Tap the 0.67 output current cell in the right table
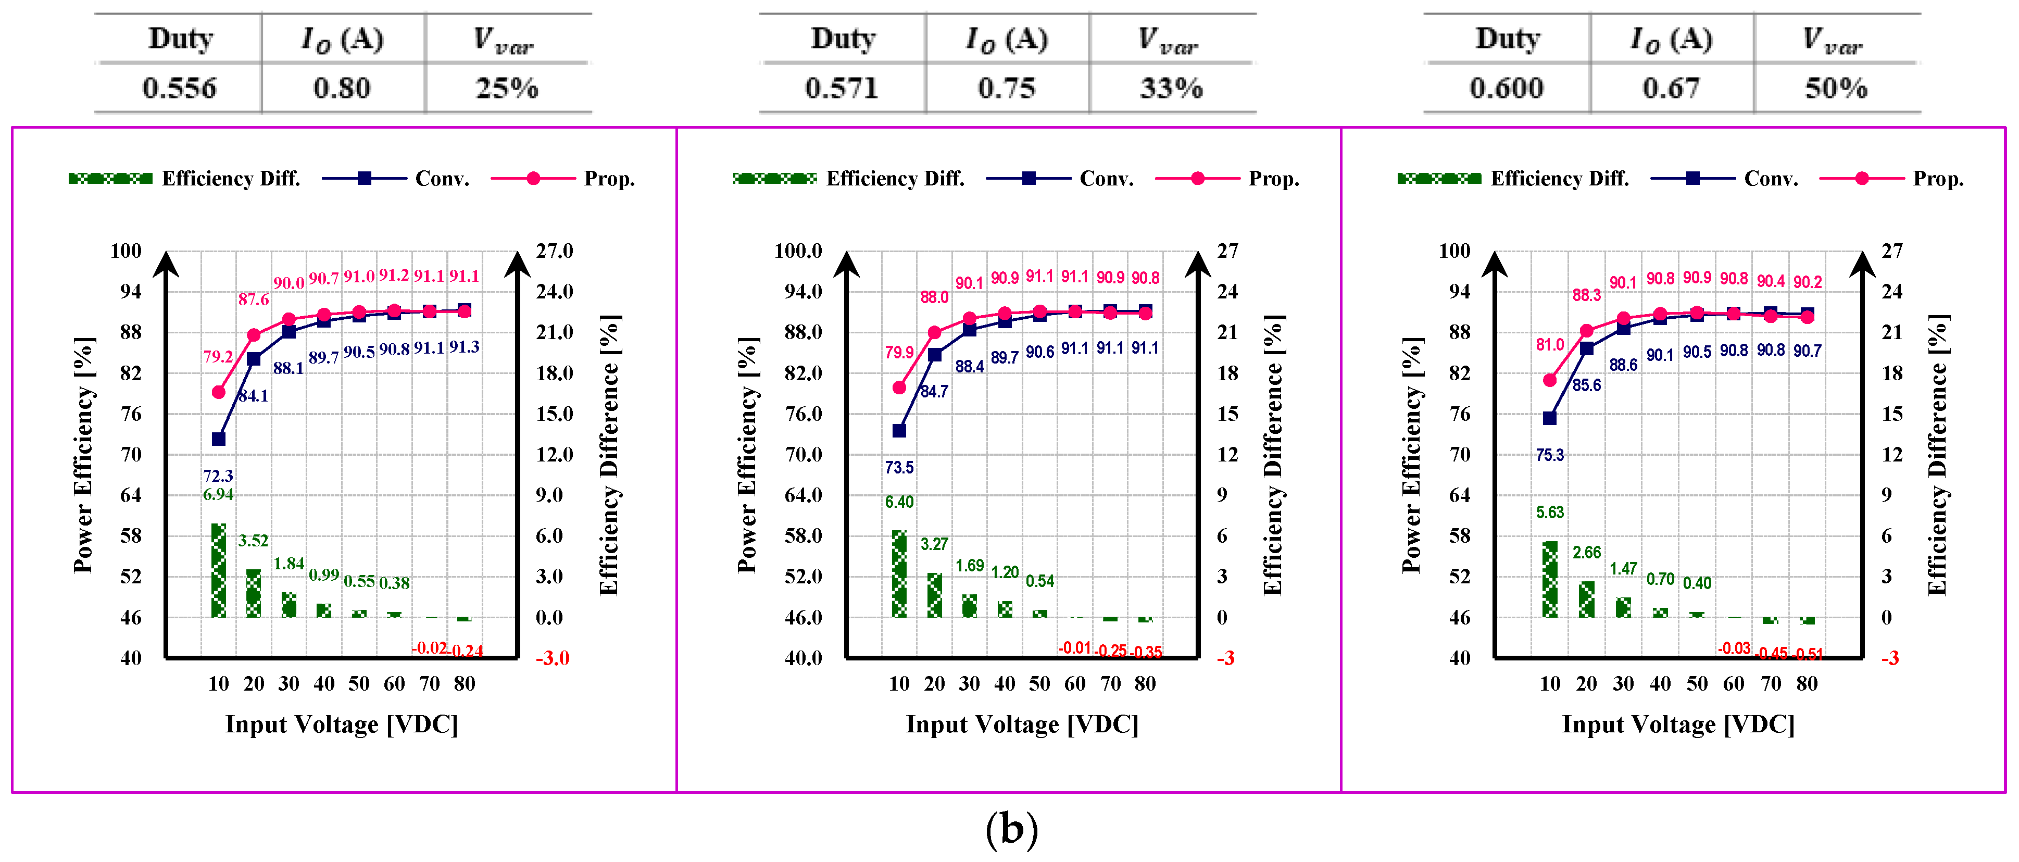[1671, 88]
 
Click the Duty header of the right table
[1507, 39]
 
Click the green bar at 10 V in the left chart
[219, 570]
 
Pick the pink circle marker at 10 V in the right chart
[1549, 380]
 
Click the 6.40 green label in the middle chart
[899, 502]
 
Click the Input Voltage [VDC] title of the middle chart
[1022, 724]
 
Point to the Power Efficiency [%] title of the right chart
[1412, 455]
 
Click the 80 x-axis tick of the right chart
[1807, 683]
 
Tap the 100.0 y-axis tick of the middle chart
[798, 251]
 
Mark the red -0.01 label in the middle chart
[1074, 647]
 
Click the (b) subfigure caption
[1011, 829]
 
